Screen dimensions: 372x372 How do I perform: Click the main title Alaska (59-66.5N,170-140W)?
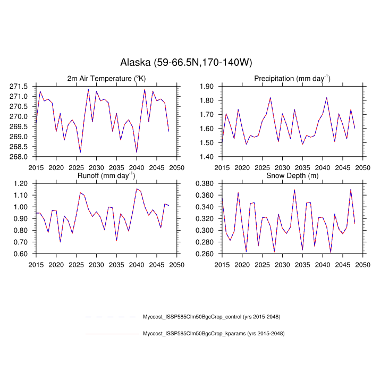pos(186,63)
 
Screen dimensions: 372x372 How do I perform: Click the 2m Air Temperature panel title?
pos(106,79)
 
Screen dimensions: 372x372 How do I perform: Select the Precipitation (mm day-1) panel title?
pos(292,79)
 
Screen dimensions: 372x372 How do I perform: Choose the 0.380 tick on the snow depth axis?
pos(205,183)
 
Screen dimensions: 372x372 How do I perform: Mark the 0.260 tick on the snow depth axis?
pos(205,254)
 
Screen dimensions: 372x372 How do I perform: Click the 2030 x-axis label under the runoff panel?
pos(96,264)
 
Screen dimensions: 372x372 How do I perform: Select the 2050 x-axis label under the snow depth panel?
pos(362,264)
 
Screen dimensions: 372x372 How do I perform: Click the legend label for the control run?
pos(212,317)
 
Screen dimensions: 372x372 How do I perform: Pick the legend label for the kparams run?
pos(214,334)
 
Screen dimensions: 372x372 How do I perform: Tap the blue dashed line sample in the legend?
pos(112,317)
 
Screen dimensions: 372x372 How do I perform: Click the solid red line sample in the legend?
pos(112,334)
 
